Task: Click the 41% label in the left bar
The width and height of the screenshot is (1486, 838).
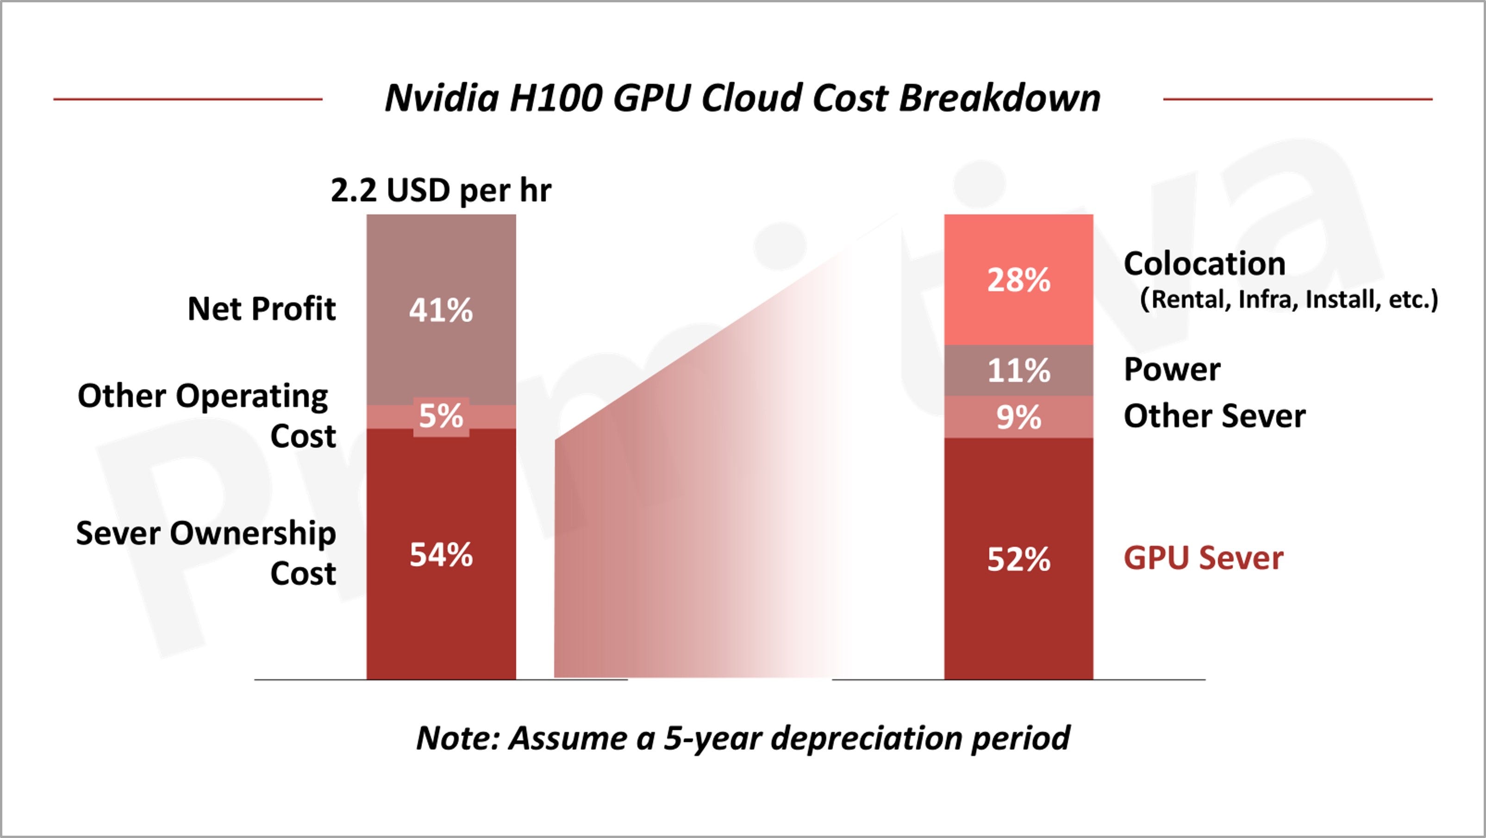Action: coord(441,310)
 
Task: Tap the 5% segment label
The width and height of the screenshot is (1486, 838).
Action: coord(441,416)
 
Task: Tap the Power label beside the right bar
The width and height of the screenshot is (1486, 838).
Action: coord(1172,369)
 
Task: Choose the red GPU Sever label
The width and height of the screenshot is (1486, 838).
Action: coord(1203,558)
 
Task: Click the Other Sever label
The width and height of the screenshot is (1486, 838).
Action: coord(1214,416)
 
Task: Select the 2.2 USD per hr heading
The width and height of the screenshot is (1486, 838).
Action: coord(441,190)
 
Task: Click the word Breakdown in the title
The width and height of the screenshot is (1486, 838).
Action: coord(999,98)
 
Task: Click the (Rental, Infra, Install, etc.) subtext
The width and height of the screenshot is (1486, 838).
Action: coord(1289,300)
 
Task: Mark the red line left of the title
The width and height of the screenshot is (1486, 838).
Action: coord(187,99)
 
